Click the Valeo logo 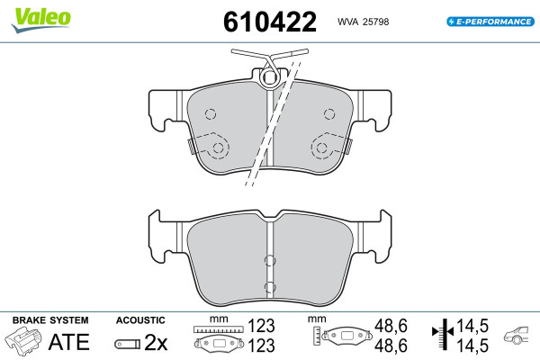coord(41,19)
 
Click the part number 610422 coord(270,22)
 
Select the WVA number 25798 coord(376,22)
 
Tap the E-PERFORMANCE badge coord(490,22)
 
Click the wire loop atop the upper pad coord(269,77)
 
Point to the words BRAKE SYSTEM coord(50,320)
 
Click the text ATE coord(69,342)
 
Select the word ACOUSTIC coord(140,320)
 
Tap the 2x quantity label coord(156,342)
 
